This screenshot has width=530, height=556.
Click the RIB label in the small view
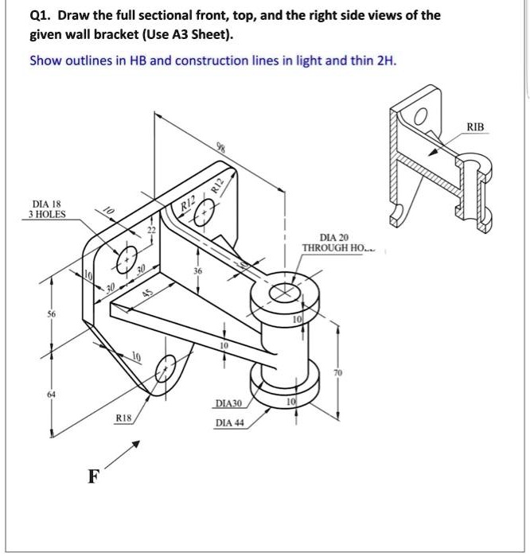pyautogui.click(x=475, y=126)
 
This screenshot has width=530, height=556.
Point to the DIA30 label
pyautogui.click(x=228, y=404)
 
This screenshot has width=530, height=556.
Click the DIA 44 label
pyautogui.click(x=229, y=422)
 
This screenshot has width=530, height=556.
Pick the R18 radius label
pyautogui.click(x=123, y=417)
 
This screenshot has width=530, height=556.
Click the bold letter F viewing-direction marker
pyautogui.click(x=94, y=477)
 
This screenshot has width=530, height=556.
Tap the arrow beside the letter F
pyautogui.click(x=126, y=454)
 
